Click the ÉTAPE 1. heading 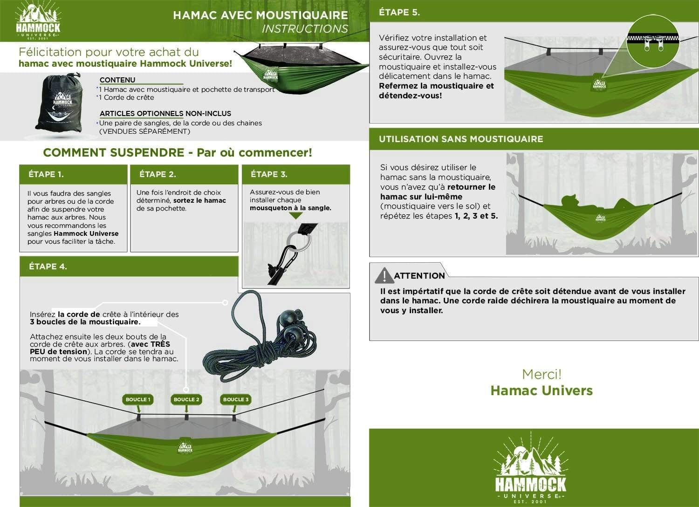click(46, 174)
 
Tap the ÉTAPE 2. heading click(158, 174)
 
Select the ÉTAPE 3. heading click(269, 174)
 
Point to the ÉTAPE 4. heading click(48, 267)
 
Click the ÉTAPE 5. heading click(399, 13)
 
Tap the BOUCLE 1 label click(138, 399)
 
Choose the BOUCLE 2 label click(186, 399)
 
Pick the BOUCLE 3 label click(235, 399)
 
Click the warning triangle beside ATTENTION click(384, 276)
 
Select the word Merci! click(541, 374)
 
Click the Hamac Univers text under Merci click(541, 391)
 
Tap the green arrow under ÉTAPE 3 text click(295, 216)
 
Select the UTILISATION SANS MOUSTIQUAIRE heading click(461, 139)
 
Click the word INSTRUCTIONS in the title click(305, 29)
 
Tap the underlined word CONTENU click(117, 80)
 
